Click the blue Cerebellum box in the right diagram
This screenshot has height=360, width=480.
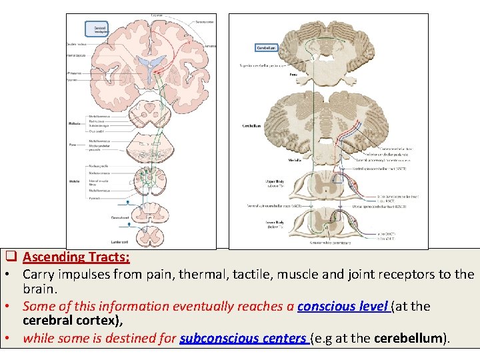coord(266,48)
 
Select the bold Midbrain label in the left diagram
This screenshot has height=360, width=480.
coord(74,123)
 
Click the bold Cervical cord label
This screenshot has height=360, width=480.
coord(120,218)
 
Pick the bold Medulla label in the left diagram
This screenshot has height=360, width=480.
coord(74,180)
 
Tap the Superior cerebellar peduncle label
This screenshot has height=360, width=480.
coord(262,65)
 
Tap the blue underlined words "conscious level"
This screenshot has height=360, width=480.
coord(343,307)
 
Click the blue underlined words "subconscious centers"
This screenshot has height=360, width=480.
coord(243,338)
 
